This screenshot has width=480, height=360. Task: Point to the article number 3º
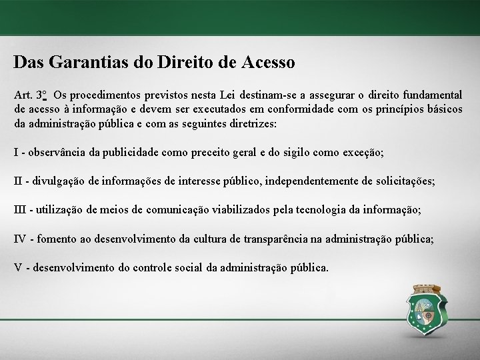point(42,95)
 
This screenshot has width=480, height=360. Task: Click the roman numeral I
point(16,152)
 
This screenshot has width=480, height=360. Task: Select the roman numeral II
point(18,181)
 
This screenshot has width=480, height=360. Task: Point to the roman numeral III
point(20,209)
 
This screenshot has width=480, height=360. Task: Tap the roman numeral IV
point(21,238)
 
